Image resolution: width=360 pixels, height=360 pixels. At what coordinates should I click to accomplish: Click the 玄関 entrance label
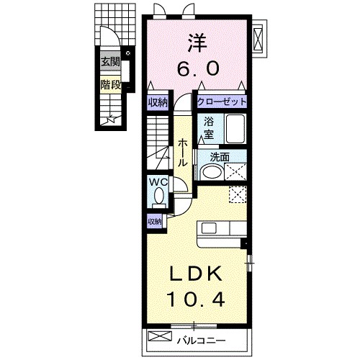[x=110, y=62]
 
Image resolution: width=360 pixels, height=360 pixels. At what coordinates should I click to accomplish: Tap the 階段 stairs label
[x=110, y=84]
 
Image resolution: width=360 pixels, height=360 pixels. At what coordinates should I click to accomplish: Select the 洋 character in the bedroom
[x=197, y=43]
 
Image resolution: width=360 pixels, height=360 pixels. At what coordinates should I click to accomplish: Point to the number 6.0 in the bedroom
[x=198, y=68]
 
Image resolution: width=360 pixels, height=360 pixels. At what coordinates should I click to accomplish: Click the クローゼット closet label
[x=222, y=102]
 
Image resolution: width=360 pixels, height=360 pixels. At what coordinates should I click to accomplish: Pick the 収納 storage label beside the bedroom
[x=158, y=103]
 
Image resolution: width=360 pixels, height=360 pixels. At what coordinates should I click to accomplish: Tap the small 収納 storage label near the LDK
[x=155, y=222]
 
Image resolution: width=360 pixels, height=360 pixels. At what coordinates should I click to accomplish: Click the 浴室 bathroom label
[x=209, y=127]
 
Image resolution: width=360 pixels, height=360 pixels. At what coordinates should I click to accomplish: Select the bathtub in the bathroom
[x=235, y=129]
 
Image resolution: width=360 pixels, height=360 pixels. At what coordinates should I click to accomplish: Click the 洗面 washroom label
[x=220, y=157]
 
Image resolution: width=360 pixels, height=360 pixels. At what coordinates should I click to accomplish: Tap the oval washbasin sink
[x=212, y=172]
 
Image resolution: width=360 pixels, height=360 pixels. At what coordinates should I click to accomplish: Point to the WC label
[x=158, y=182]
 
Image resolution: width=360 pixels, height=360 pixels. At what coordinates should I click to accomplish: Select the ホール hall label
[x=182, y=153]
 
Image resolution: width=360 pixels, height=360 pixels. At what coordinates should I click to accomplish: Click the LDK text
[x=196, y=274]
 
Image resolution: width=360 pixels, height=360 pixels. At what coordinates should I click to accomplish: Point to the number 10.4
[x=197, y=299]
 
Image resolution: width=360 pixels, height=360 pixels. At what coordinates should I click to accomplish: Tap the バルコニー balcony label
[x=202, y=341]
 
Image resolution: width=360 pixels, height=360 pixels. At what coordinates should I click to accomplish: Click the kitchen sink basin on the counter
[x=209, y=228]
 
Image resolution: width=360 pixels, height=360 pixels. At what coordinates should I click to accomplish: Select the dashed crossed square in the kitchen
[x=238, y=195]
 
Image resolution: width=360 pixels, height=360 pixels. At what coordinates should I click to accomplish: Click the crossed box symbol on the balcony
[x=160, y=336]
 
